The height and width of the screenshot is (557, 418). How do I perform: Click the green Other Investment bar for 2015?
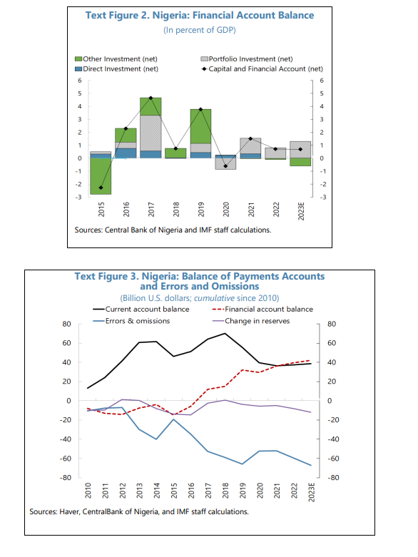click(101, 176)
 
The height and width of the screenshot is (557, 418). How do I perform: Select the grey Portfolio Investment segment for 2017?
click(151, 133)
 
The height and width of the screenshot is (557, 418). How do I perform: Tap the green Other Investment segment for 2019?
click(200, 126)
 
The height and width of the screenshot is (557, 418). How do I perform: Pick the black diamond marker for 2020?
click(225, 166)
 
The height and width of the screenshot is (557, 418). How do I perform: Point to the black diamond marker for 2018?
click(175, 148)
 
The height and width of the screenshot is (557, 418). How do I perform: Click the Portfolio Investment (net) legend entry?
click(247, 59)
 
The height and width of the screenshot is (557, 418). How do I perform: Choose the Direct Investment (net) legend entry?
click(116, 69)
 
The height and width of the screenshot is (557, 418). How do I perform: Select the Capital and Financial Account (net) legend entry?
click(262, 69)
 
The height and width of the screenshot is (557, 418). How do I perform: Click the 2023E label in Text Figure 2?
click(301, 211)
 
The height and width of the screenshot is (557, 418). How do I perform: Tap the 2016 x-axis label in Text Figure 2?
click(126, 209)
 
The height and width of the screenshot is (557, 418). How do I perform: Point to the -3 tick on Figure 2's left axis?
click(78, 197)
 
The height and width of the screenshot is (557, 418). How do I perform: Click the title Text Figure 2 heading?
click(200, 15)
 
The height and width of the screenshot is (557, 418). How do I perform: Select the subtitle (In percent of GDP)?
click(200, 30)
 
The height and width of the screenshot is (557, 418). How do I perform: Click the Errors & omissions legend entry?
click(131, 321)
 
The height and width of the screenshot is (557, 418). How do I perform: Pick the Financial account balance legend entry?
click(262, 310)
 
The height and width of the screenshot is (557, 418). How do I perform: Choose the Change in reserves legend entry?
click(251, 321)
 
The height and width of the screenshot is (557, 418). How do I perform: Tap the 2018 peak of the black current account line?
click(225, 334)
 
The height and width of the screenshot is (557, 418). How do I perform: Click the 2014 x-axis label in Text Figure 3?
click(157, 491)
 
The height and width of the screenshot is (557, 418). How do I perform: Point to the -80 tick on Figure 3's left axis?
click(66, 477)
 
